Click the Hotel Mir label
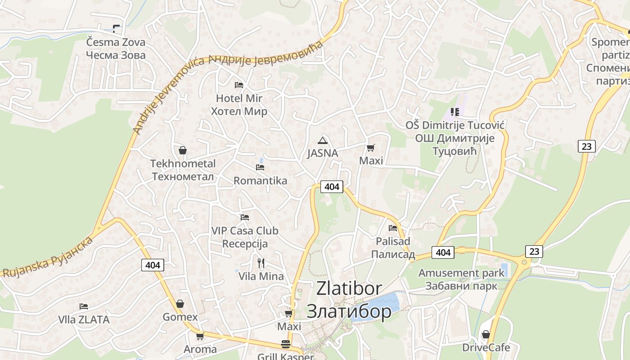(239, 104)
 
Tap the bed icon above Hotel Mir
(239, 85)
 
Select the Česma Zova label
(116, 49)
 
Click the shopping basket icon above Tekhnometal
(183, 150)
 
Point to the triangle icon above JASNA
(322, 140)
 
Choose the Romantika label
(260, 181)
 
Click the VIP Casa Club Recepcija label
(245, 237)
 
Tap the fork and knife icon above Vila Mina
(261, 263)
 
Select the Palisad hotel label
(393, 247)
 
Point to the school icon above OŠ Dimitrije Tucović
(454, 112)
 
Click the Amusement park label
(462, 279)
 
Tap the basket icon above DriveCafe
(486, 334)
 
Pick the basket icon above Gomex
(180, 304)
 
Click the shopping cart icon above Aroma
(200, 336)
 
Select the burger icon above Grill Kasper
(285, 344)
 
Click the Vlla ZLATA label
(84, 319)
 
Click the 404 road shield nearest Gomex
(153, 265)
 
